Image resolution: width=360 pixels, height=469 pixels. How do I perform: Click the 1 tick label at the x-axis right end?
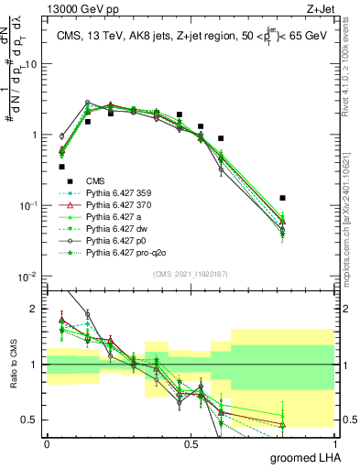pos(334,443)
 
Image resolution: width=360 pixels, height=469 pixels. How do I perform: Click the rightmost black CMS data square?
pos(283,198)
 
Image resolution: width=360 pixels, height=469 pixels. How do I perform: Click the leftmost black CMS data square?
pos(62,167)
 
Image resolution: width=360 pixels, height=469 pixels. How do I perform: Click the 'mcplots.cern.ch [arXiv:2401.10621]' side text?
pos(351,220)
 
